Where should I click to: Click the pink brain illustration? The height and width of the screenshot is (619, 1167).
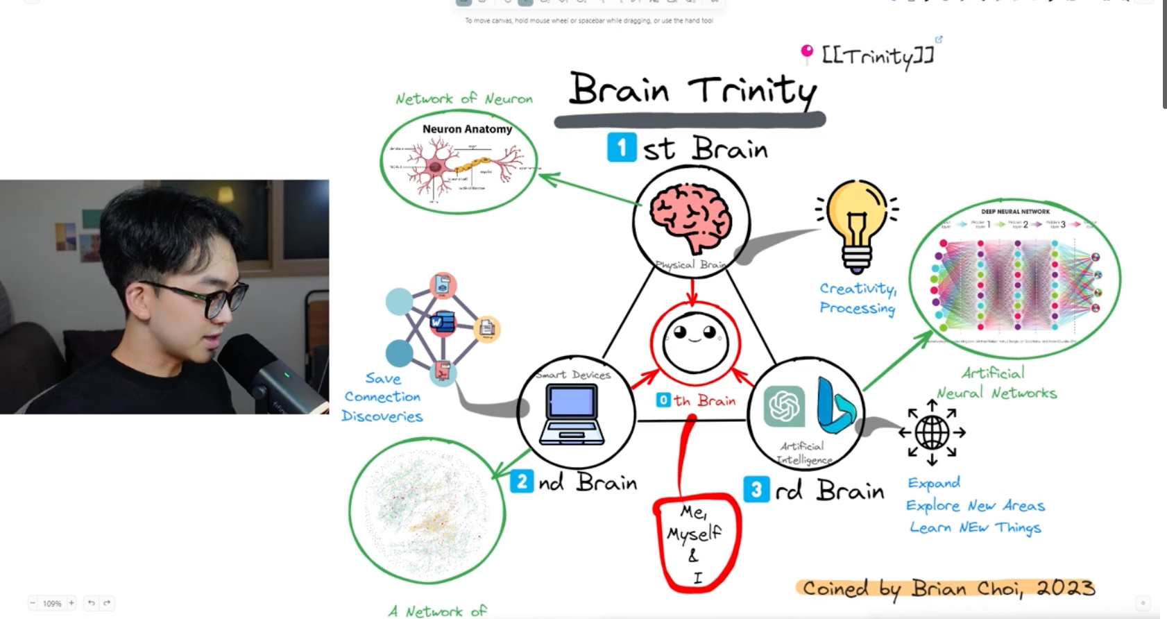pos(690,217)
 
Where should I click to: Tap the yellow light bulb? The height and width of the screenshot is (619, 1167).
pos(857,222)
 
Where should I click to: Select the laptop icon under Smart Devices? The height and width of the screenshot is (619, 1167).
pos(572,414)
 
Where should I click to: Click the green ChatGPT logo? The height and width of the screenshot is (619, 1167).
pos(784,406)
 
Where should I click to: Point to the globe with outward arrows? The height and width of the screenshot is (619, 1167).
pos(932,432)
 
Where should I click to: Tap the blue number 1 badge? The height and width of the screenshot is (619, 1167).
pos(622,147)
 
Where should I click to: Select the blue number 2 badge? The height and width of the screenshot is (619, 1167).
pos(522,481)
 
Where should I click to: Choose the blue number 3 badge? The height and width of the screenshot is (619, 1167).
pos(756,489)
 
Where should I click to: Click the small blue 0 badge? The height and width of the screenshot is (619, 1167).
pos(663,400)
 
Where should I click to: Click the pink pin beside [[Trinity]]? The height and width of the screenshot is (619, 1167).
pos(806,52)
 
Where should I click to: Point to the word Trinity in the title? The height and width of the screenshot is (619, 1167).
pos(753,91)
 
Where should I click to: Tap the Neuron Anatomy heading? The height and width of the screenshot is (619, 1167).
pos(467,129)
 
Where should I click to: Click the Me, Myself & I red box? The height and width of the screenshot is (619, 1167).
pos(696,542)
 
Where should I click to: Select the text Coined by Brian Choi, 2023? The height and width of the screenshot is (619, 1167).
pos(948,588)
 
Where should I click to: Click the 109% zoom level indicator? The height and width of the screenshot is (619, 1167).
pos(52,604)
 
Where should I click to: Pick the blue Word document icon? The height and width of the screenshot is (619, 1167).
pos(441,322)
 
